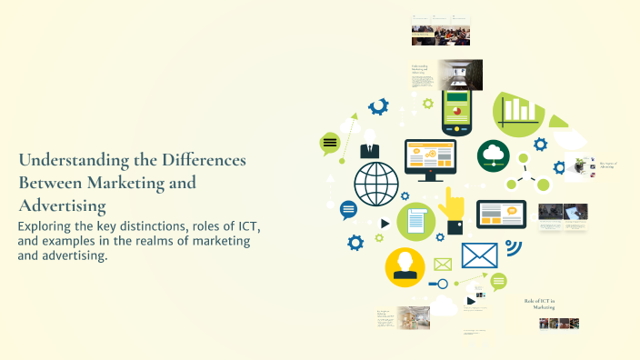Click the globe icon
[376, 183]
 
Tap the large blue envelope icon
[479, 255]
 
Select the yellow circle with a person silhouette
[405, 267]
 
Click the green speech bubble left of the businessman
[330, 143]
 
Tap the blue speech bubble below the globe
[348, 209]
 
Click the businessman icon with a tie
[369, 145]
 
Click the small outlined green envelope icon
[443, 265]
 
